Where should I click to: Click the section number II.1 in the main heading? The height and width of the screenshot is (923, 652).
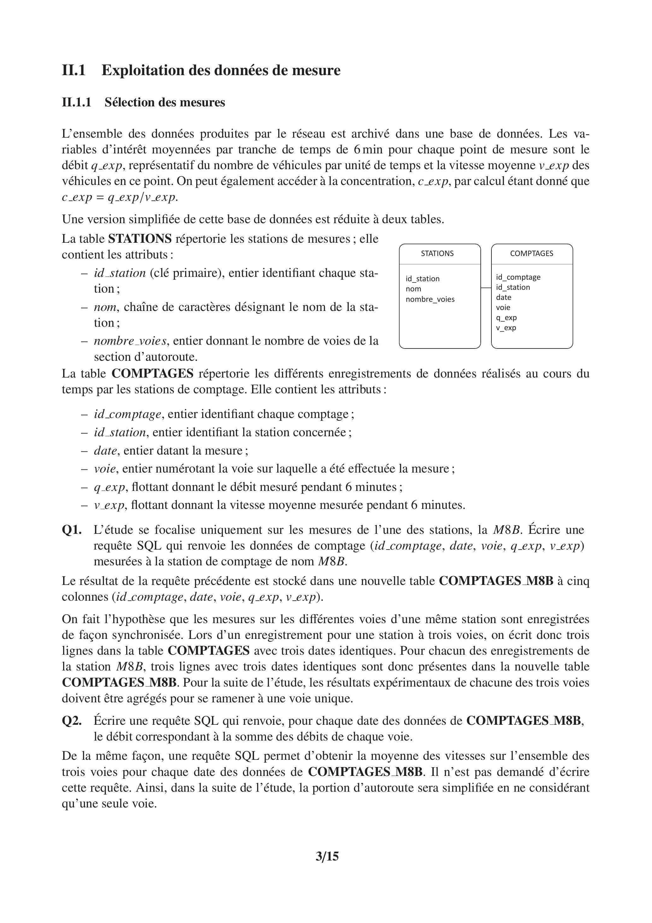pos(74,70)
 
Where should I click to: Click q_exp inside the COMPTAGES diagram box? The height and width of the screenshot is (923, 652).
pos(506,318)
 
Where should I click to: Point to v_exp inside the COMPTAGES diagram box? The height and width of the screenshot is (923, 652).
pos(506,328)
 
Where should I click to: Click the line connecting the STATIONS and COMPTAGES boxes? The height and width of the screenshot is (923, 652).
pos(486,288)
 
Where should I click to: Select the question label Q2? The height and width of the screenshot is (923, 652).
pos(72,721)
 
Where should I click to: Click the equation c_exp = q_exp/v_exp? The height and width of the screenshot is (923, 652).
pos(119,197)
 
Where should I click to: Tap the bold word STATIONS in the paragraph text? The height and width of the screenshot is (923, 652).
pos(140,239)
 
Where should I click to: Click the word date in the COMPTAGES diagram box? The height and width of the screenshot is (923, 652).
pos(503,297)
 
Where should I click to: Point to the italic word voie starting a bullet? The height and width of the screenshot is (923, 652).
pos(104,469)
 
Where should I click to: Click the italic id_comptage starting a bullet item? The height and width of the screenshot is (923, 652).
pos(127,414)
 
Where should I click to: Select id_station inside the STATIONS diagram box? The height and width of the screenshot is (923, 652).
pos(422,279)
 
